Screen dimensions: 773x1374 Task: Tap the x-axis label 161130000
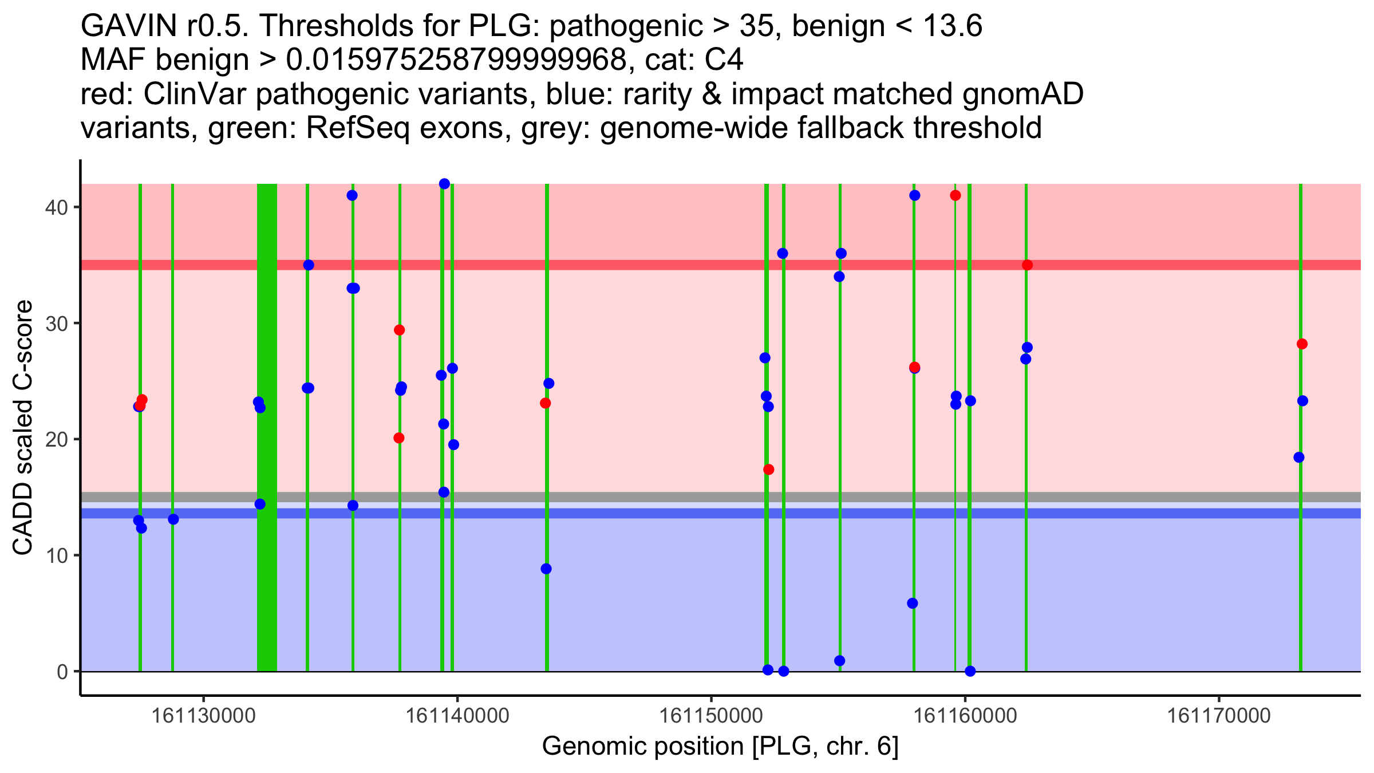(203, 716)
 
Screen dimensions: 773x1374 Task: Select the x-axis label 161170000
(1219, 716)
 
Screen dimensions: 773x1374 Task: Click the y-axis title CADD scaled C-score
(23, 428)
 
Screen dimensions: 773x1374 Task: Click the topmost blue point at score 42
(444, 184)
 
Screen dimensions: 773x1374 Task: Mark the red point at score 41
(955, 195)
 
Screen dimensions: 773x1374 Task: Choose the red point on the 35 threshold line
(1027, 265)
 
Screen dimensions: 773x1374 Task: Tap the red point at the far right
(1302, 344)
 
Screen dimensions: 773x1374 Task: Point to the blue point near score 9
(546, 569)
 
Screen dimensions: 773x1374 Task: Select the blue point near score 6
(913, 604)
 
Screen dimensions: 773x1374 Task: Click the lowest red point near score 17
(769, 470)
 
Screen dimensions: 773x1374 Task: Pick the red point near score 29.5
(400, 330)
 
